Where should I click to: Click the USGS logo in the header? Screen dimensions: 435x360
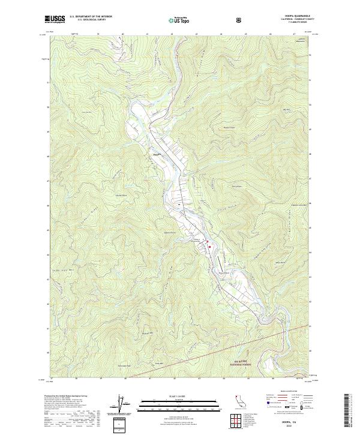point(55,19)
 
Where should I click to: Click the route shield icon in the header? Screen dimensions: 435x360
point(239,20)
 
